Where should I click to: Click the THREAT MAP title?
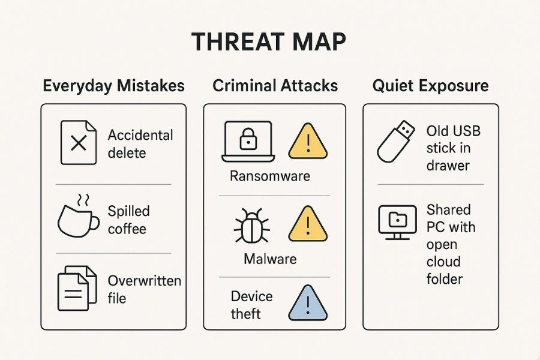(269, 43)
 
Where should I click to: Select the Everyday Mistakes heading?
(113, 86)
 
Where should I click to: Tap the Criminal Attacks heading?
(275, 86)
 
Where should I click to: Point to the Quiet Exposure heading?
(430, 86)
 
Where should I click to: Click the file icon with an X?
(78, 143)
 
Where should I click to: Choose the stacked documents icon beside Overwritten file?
(77, 288)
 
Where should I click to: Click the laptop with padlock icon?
(248, 142)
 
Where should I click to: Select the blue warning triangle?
(308, 304)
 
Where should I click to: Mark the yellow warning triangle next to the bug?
(308, 225)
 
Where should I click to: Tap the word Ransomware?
(270, 176)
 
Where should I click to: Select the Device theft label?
(252, 305)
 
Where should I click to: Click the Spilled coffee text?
(128, 220)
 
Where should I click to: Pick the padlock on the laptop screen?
(248, 140)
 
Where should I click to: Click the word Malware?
(270, 259)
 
